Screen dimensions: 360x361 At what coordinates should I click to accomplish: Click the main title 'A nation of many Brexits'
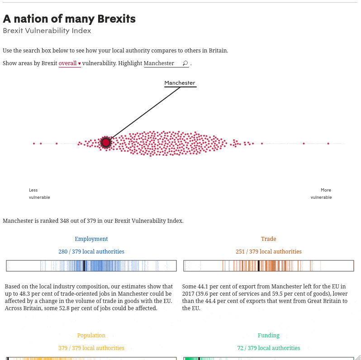[69, 19]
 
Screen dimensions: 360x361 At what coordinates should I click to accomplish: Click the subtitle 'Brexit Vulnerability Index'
[47, 31]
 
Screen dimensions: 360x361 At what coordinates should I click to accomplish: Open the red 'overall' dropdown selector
[70, 63]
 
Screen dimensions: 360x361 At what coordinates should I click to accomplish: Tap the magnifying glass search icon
[185, 63]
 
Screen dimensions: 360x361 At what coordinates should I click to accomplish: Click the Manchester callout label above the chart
[180, 83]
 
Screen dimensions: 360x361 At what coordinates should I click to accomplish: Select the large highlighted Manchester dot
[106, 143]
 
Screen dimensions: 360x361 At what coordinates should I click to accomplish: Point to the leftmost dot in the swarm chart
[34, 144]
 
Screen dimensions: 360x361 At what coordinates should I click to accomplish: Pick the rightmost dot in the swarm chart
[328, 144]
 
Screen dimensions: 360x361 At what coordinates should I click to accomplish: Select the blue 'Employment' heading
[91, 239]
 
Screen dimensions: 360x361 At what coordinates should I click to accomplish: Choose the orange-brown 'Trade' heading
[268, 239]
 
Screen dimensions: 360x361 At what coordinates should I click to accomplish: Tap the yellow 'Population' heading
[91, 336]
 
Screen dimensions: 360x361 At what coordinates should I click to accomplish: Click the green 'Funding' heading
[268, 336]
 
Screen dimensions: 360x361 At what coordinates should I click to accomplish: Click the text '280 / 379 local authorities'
[91, 252]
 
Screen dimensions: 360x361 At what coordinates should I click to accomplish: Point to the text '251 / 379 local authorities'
[268, 252]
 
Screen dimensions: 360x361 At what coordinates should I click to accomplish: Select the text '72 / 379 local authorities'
[268, 348]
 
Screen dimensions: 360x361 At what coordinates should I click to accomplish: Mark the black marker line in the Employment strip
[84, 266]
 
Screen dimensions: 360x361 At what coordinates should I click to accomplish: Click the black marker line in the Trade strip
[258, 266]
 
